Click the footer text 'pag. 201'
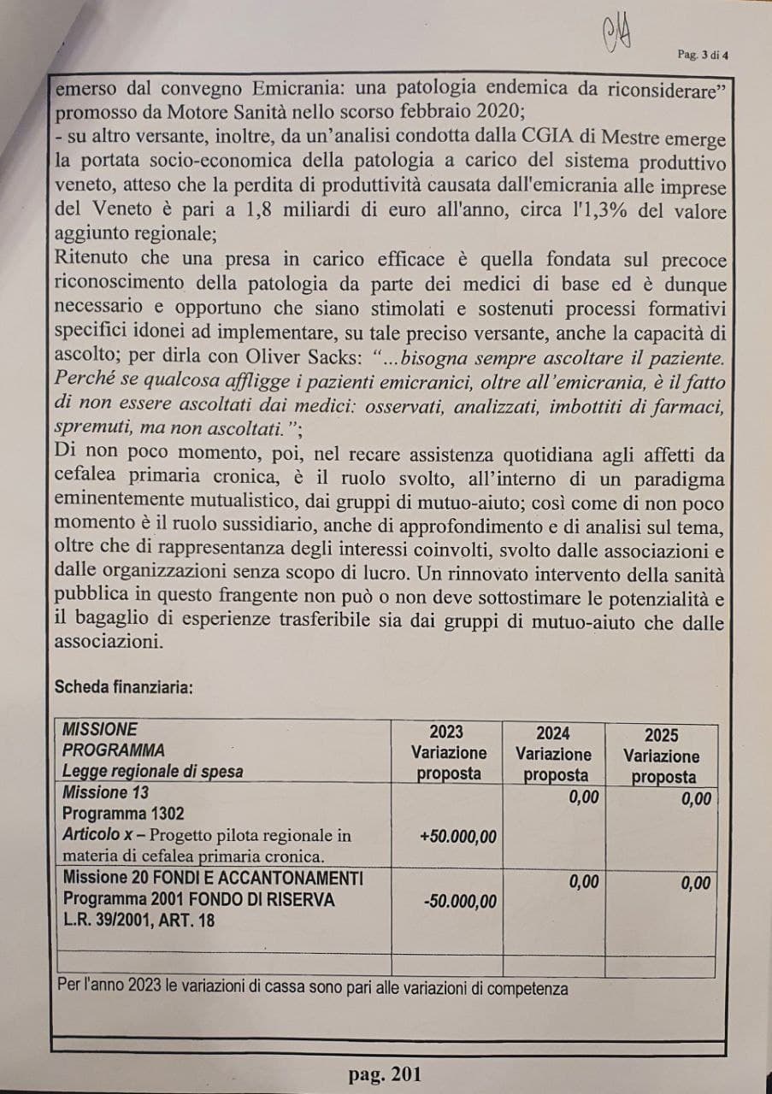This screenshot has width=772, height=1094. coord(385,1074)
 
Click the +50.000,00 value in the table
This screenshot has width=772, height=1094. coord(458,837)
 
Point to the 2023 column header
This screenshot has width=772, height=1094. coord(446,732)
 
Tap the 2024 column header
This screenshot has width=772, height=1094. coord(553,733)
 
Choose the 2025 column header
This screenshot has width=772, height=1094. coord(662,735)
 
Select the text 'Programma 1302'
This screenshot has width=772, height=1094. coord(123,813)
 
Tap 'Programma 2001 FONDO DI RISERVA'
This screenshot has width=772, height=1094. coord(198,899)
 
